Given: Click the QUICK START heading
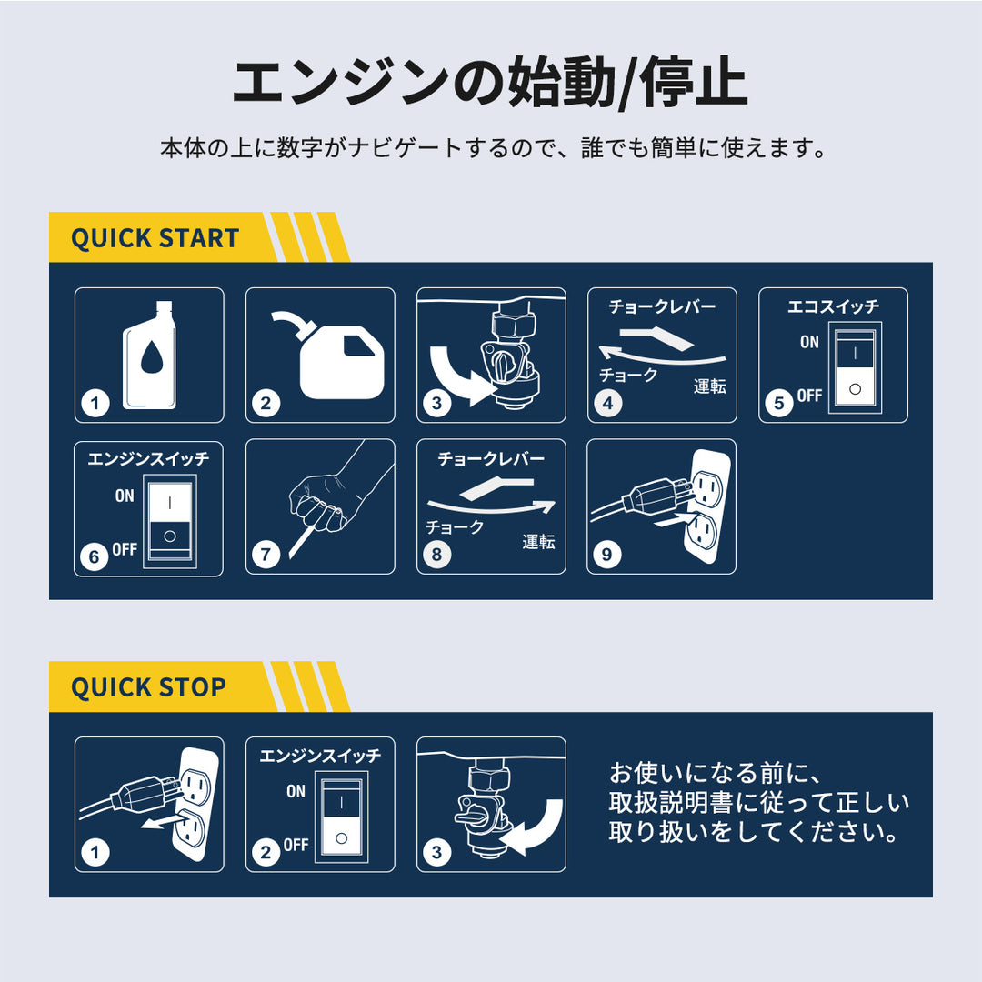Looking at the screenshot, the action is (155, 238).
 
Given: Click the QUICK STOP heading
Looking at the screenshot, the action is (148, 687).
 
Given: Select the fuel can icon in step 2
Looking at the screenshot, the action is (341, 366).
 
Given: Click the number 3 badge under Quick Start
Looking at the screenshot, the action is (436, 403).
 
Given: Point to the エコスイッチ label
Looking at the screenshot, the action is (833, 306).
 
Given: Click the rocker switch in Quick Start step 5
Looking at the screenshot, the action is (855, 367).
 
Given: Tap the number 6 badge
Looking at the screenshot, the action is (94, 556).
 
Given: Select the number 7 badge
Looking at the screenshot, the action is (266, 555).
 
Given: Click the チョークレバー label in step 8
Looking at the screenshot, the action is (491, 458).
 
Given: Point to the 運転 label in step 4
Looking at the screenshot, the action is (709, 386).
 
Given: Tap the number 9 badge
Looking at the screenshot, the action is (606, 555).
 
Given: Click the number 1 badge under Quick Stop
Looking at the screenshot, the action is (95, 852).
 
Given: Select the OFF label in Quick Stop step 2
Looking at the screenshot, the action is (296, 845).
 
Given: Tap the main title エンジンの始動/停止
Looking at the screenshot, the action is (490, 82).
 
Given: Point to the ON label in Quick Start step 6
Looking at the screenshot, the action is (125, 496).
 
